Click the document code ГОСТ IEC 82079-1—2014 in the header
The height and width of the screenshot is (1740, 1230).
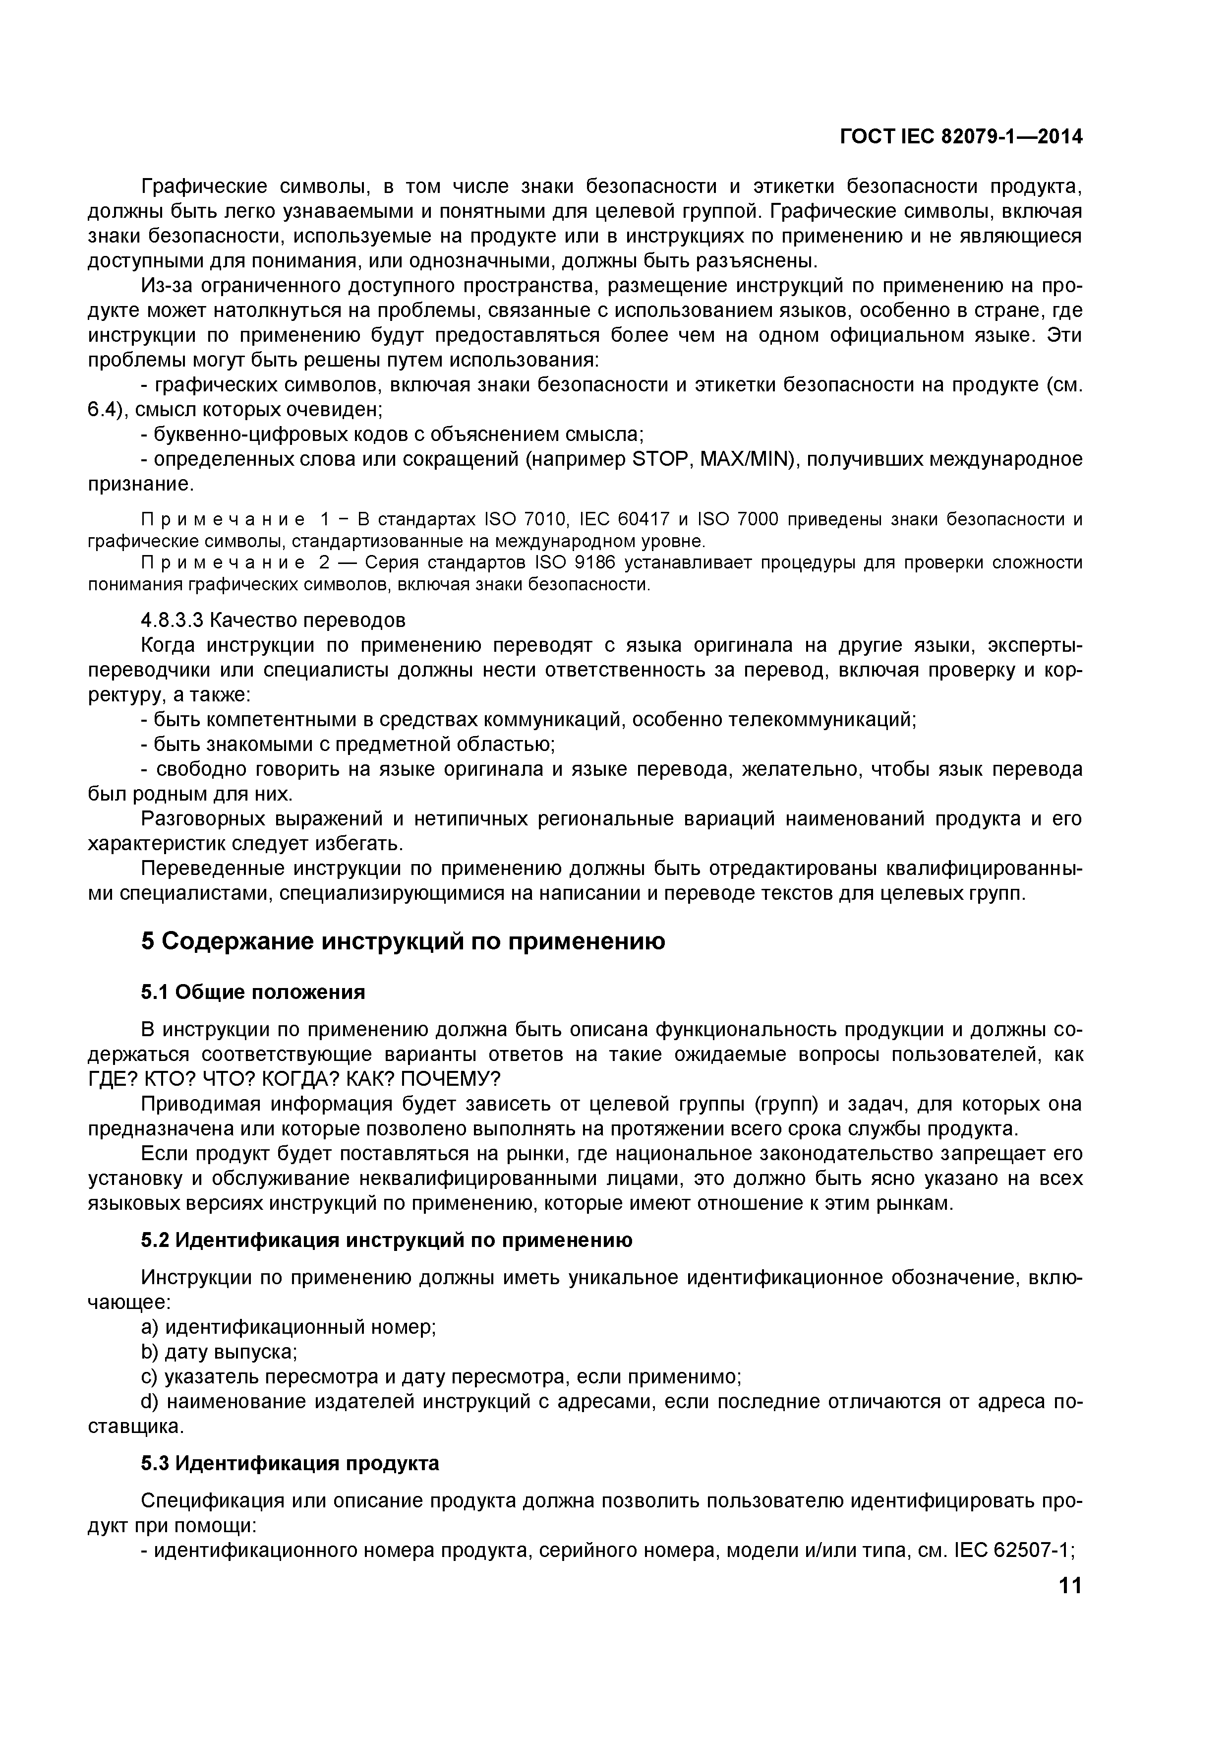coord(960,137)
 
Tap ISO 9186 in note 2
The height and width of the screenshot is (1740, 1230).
coord(577,563)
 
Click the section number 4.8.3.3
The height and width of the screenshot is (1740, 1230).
coord(172,620)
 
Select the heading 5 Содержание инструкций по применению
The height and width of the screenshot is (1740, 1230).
coord(403,941)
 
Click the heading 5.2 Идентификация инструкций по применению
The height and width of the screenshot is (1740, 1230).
coord(386,1241)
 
